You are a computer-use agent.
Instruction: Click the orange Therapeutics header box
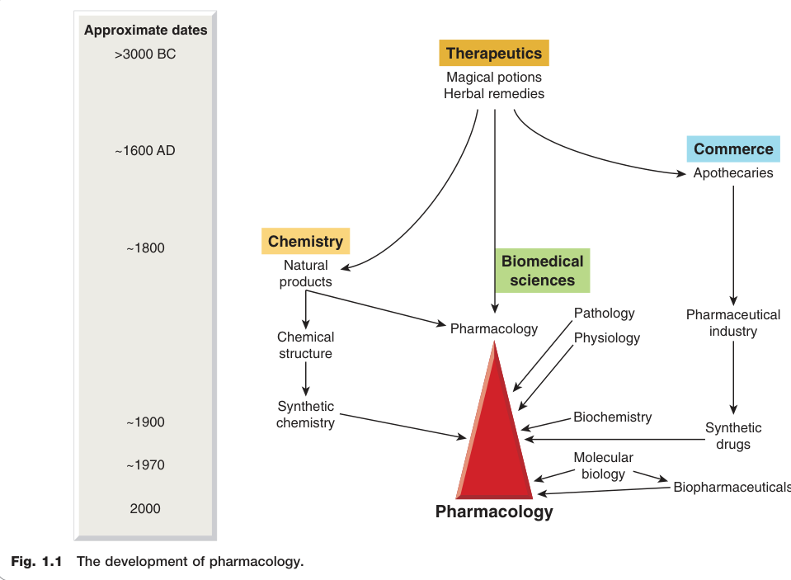494,53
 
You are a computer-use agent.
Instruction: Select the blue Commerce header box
733,149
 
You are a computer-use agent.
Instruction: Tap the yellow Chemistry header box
306,241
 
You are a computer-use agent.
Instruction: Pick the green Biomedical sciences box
542,271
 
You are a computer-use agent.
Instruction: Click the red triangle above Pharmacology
494,429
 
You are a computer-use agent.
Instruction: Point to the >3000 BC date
145,54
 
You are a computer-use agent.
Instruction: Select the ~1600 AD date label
145,150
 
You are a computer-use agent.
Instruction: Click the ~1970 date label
145,465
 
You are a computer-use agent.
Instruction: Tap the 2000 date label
145,508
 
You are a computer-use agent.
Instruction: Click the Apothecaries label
733,172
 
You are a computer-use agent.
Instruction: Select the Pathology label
605,314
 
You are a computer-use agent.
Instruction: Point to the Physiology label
607,337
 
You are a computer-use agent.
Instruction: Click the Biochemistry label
612,417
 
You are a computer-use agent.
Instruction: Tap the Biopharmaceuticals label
732,487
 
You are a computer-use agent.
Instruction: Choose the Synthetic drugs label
733,436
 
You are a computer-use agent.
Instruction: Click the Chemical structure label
306,345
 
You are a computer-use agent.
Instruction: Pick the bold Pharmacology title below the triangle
494,512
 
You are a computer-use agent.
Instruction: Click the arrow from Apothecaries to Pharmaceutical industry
733,245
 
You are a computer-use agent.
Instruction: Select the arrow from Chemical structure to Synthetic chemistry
306,379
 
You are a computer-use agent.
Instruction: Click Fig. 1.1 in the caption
36,561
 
